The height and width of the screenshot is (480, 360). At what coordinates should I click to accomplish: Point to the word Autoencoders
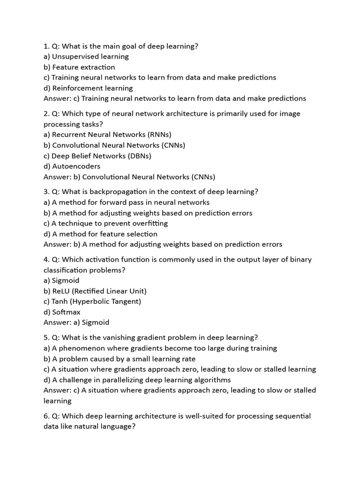[x=76, y=166]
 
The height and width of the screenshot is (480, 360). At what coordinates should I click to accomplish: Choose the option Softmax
[x=66, y=312]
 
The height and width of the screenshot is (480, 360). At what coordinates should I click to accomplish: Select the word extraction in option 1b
[x=97, y=67]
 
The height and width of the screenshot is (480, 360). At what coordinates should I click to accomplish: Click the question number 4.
[x=46, y=260]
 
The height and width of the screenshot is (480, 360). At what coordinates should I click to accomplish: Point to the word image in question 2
[x=290, y=113]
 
